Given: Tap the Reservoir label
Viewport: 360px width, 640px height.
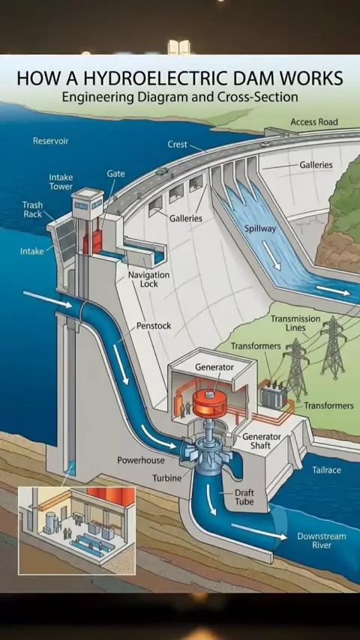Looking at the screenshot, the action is coord(51,141).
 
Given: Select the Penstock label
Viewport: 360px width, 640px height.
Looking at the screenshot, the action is coord(154,326).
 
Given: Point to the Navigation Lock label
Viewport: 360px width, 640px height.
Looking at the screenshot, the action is coord(148,280).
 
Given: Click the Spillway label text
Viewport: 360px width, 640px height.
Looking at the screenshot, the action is coord(260,229).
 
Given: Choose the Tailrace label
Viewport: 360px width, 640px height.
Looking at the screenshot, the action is coord(326,470).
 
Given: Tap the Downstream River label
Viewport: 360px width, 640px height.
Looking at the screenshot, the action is coord(322,541).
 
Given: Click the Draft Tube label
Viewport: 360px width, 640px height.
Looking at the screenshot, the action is coord(244,497).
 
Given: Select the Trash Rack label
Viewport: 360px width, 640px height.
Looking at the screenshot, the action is coord(32,209).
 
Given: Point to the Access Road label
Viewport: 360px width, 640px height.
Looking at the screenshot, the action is coord(314,121).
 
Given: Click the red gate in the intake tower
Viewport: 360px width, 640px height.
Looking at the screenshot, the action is coord(94,239).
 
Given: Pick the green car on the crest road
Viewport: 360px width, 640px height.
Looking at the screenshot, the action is coord(161,172).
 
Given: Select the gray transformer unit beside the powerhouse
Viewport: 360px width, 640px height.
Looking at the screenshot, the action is coord(273,395).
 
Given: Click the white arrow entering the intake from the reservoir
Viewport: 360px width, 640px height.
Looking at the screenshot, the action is coord(47,299).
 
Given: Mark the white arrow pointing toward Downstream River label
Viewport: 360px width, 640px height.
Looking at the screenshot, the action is coord(259,531).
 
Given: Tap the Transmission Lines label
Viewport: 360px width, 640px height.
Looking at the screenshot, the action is coord(295,323).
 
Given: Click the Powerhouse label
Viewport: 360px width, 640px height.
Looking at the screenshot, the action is coord(141,460).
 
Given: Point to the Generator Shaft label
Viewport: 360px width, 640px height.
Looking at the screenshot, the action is coord(262,441).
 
